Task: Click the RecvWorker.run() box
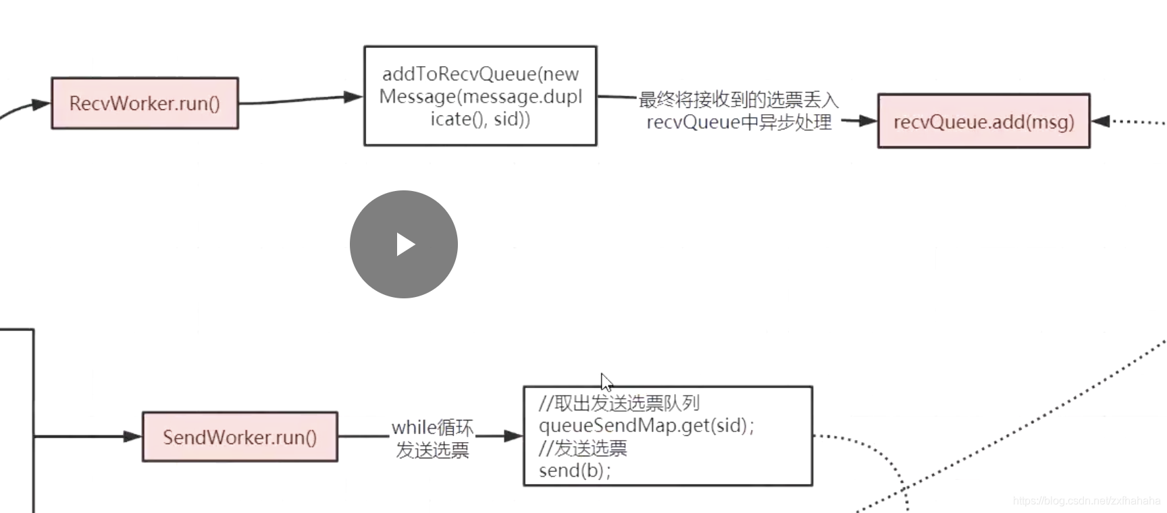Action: click(x=145, y=103)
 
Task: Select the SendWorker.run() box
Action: click(x=240, y=437)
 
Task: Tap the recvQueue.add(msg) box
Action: click(x=983, y=122)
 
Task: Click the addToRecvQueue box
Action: click(x=480, y=96)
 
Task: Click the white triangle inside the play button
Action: click(x=405, y=244)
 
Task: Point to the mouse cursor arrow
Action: click(x=606, y=381)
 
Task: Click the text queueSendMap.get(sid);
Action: click(x=646, y=426)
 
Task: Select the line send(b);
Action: click(x=575, y=470)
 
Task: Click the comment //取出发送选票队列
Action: click(x=619, y=404)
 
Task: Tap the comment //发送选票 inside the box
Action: click(x=583, y=448)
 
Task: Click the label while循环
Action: click(x=432, y=427)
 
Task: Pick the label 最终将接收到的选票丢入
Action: click(x=738, y=101)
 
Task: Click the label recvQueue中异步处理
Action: click(x=739, y=123)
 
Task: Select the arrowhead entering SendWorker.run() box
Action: click(x=133, y=437)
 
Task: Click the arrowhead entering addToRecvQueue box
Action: click(x=354, y=97)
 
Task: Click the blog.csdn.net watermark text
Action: click(x=1086, y=501)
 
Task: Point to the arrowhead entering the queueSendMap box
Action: click(x=514, y=436)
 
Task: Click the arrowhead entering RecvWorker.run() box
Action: click(x=42, y=105)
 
